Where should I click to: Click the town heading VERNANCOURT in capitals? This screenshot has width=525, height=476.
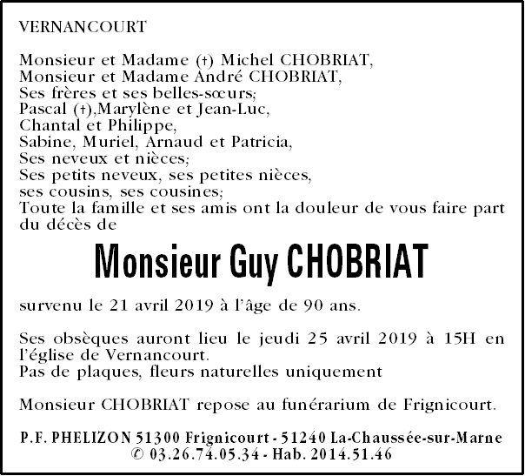tap(82, 27)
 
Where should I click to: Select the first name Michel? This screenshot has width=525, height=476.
tap(245, 60)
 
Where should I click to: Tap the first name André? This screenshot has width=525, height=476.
tap(208, 77)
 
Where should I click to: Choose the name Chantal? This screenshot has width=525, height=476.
tap(47, 126)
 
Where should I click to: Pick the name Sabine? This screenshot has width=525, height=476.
tap(44, 143)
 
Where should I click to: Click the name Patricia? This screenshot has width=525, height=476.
tap(261, 143)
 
